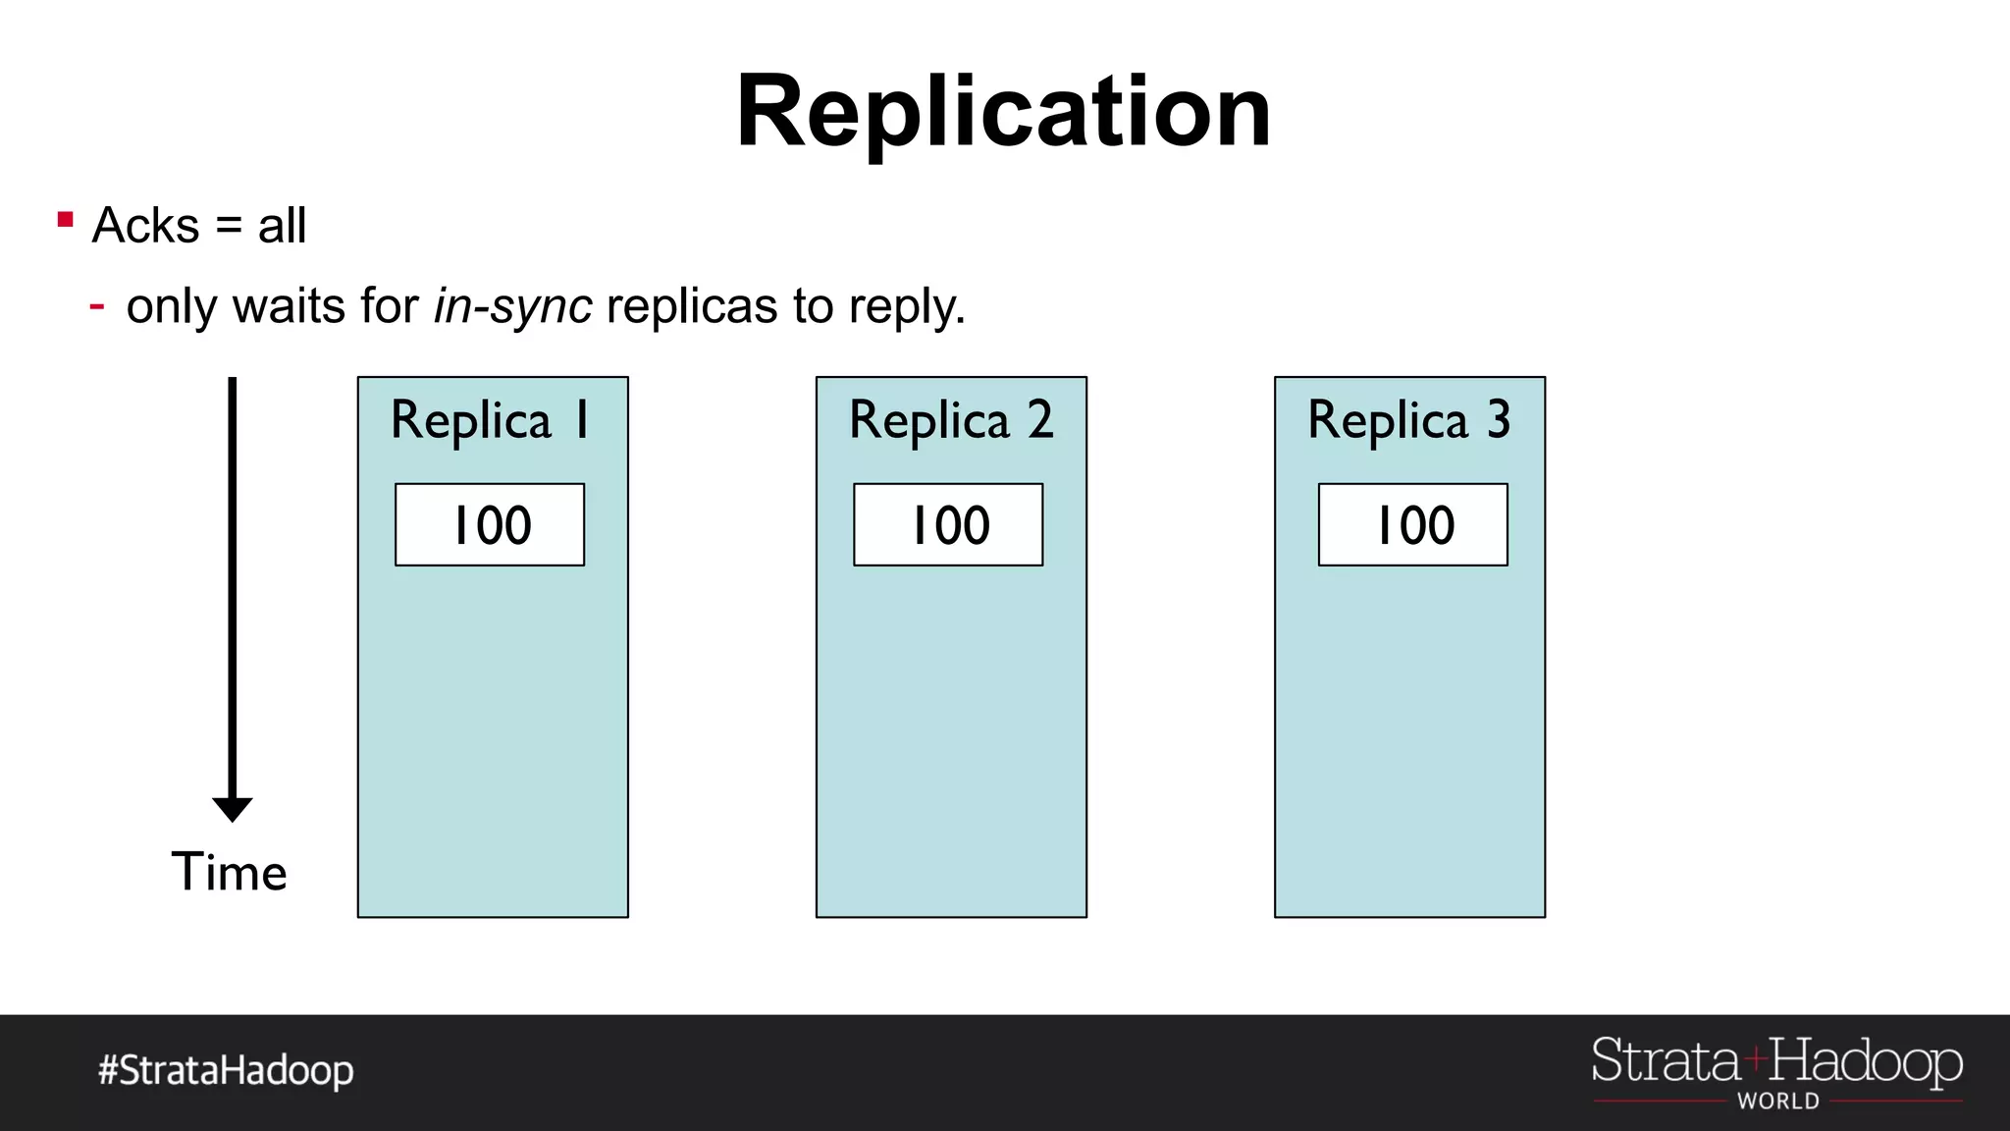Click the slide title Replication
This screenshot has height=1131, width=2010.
[1003, 112]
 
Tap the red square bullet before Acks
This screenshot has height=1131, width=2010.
[66, 220]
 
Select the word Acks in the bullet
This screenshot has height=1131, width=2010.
[145, 226]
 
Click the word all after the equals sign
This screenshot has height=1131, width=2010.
[282, 226]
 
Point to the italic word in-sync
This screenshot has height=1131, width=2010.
[512, 306]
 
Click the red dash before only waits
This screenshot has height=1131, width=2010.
[97, 306]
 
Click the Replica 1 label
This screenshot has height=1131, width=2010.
[491, 420]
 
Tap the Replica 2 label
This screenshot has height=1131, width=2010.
[950, 420]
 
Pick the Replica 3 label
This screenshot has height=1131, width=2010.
[1408, 420]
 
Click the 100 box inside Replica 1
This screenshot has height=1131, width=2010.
[490, 524]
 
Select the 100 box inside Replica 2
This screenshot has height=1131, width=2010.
[948, 524]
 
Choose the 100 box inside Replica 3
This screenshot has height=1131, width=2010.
[1412, 524]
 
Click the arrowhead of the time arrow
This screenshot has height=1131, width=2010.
[233, 808]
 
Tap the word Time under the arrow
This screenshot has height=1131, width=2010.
[229, 872]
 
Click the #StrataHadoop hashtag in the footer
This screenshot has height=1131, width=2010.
[226, 1070]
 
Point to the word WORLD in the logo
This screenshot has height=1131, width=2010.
[1777, 1102]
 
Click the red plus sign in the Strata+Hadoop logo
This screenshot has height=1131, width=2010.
[1755, 1059]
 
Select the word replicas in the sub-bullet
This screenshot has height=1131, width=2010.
[692, 306]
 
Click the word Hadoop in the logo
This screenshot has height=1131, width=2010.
[1865, 1062]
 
